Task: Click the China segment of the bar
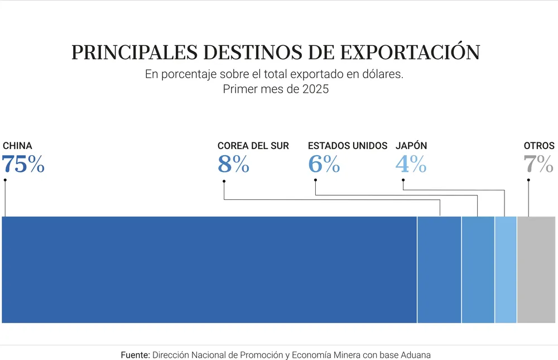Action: click(209, 270)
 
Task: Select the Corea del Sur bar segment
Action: click(439, 270)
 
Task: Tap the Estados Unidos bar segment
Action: click(478, 270)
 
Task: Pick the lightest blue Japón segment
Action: click(506, 270)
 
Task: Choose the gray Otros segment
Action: click(536, 270)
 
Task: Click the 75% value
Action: click(23, 165)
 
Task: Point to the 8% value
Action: click(233, 165)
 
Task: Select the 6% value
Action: click(324, 165)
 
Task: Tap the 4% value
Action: click(411, 165)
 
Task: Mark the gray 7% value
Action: click(538, 165)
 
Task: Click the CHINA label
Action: click(17, 146)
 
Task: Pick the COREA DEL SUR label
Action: click(253, 146)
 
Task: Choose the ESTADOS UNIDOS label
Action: click(347, 146)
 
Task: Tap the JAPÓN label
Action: click(411, 146)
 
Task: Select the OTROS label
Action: click(539, 146)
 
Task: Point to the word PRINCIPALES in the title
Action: click(134, 52)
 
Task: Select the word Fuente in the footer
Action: click(135, 355)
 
